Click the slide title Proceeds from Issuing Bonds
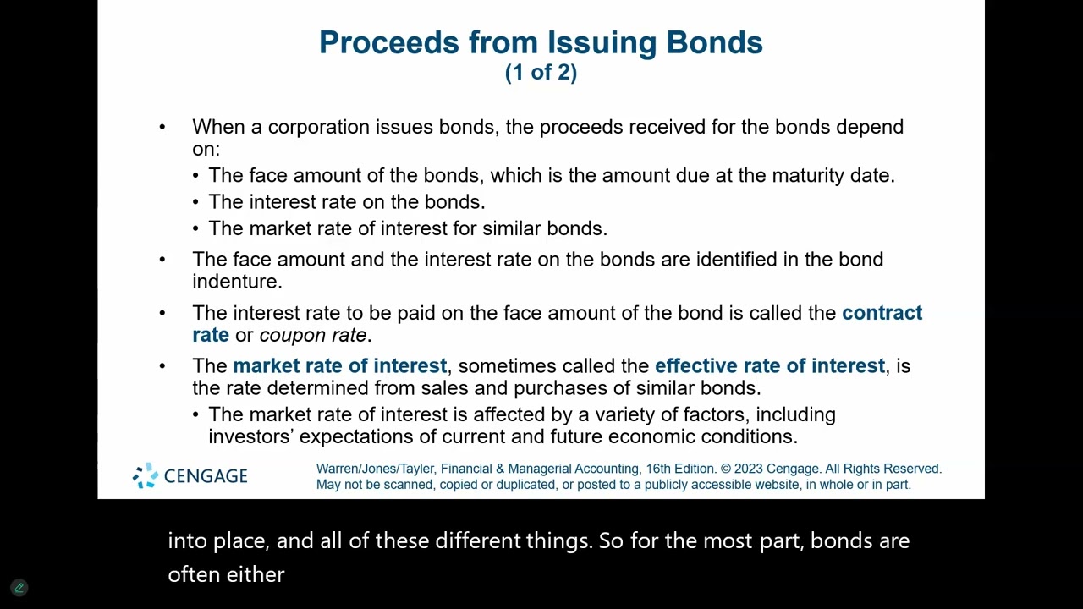541,42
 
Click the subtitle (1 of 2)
541,73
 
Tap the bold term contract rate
882,313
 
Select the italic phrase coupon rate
312,335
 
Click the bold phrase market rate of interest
339,366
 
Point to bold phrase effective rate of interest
769,366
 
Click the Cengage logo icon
146,475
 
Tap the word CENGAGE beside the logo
206,476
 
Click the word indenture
236,282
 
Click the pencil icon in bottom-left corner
19,587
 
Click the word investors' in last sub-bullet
250,436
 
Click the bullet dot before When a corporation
162,127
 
